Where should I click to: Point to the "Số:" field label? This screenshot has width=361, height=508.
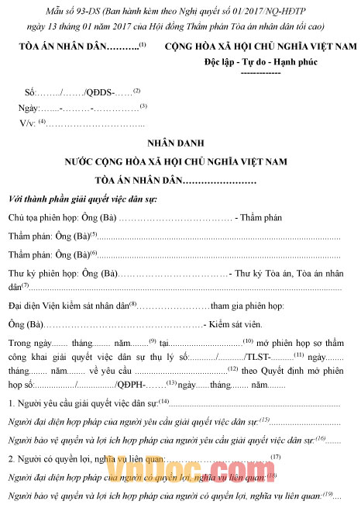pos(31,92)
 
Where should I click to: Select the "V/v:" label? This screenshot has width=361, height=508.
pos(28,123)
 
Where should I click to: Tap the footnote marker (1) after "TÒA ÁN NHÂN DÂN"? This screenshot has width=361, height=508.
pos(143,44)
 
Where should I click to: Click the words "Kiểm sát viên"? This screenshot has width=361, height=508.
pos(236,322)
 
